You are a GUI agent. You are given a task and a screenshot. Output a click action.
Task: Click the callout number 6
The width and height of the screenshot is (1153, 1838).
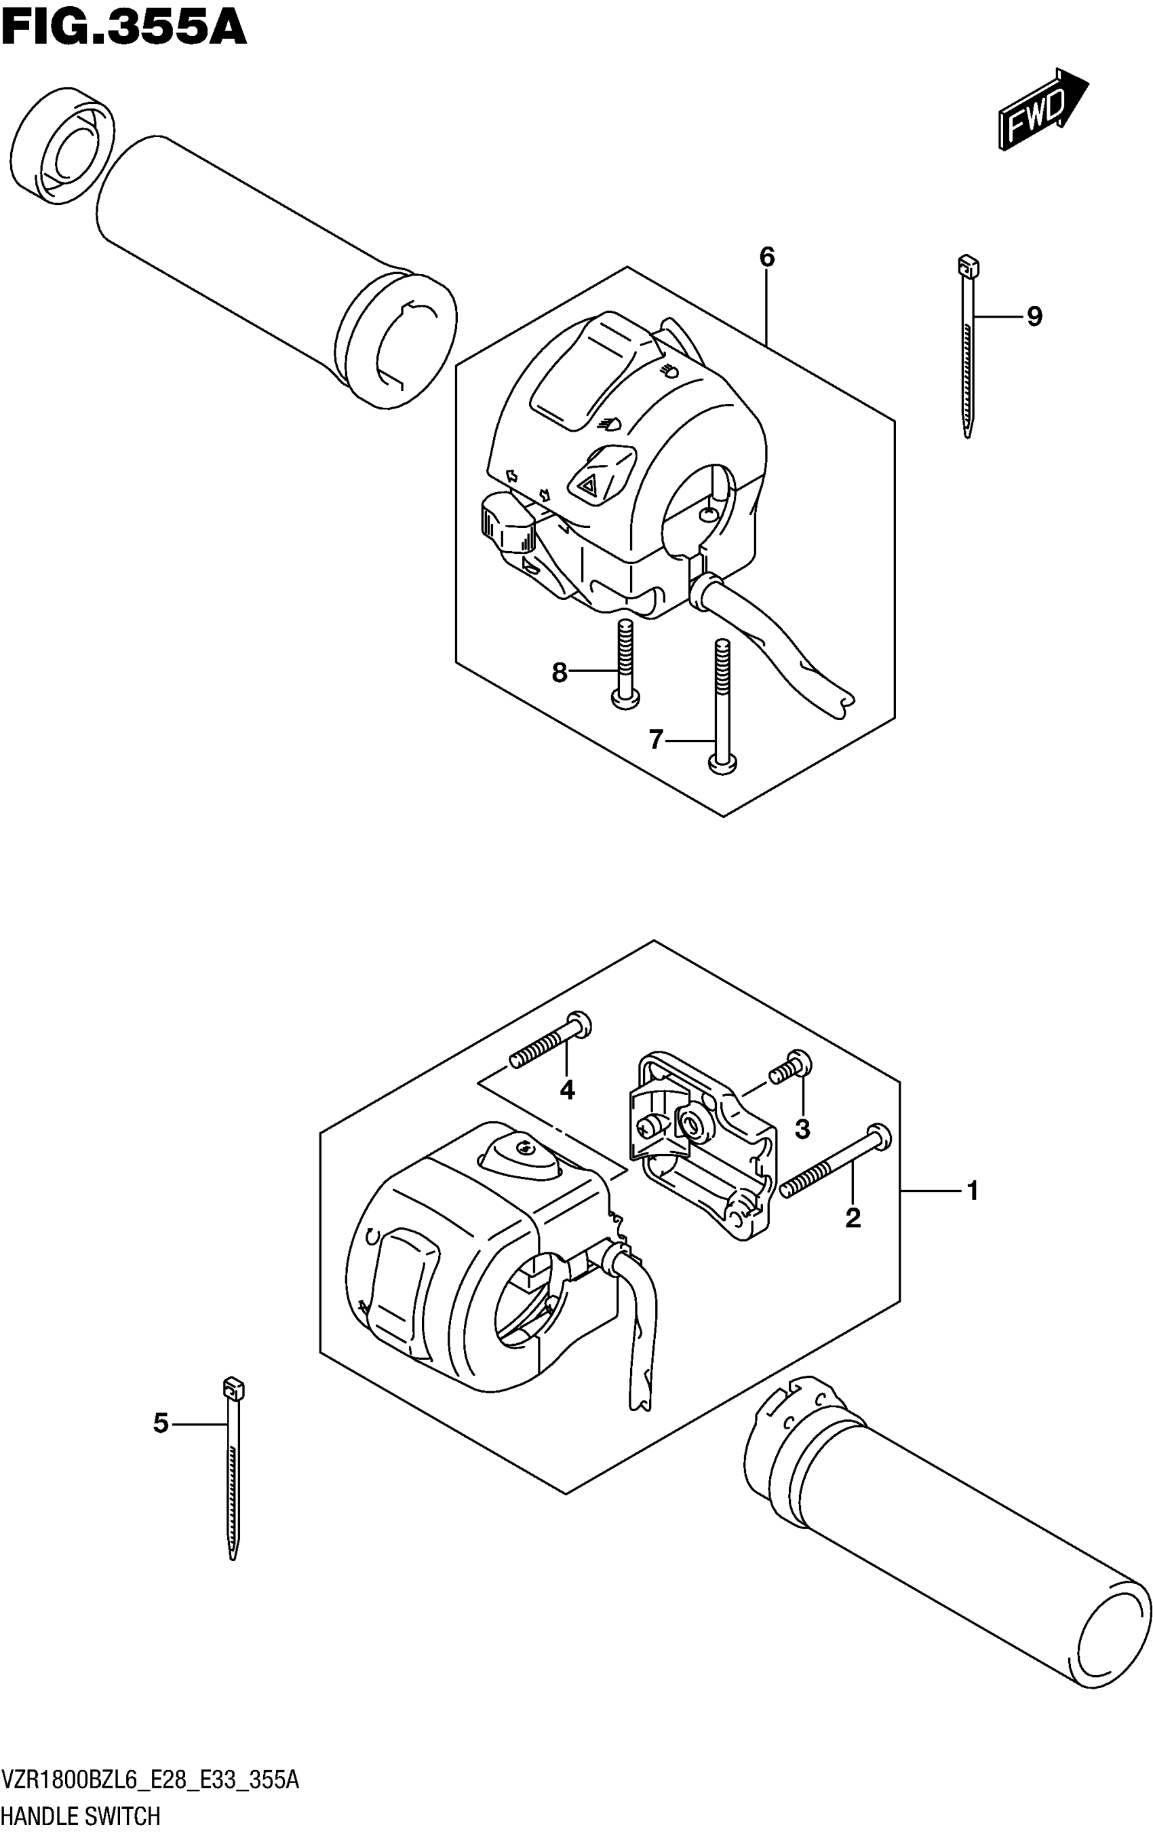(x=766, y=258)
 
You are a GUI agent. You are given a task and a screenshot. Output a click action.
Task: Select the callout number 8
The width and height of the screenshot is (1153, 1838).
(x=560, y=673)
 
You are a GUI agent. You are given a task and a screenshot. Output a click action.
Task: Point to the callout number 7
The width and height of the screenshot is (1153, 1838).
(x=656, y=739)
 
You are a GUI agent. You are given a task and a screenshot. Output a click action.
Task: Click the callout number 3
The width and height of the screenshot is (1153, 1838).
(x=802, y=1129)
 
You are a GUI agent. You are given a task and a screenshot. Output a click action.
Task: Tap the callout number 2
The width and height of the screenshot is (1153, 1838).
(x=853, y=1218)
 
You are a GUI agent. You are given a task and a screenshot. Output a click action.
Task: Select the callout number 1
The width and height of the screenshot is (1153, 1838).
(x=973, y=1190)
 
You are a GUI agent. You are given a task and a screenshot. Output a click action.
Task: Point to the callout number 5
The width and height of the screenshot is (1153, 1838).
(x=160, y=1423)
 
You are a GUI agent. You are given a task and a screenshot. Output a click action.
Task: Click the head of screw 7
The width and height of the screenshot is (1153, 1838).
(x=722, y=763)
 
